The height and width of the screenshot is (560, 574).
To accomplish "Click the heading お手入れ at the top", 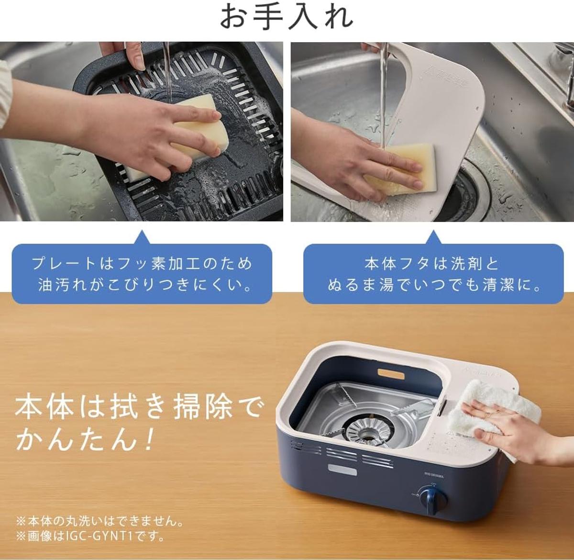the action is (287, 18).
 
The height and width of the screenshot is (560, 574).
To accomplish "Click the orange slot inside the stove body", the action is (391, 374).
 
